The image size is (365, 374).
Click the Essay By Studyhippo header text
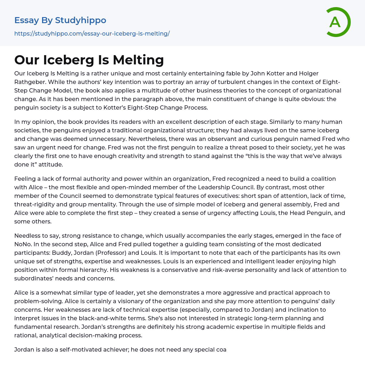click(60, 20)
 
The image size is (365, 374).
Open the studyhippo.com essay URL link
click(92, 34)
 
